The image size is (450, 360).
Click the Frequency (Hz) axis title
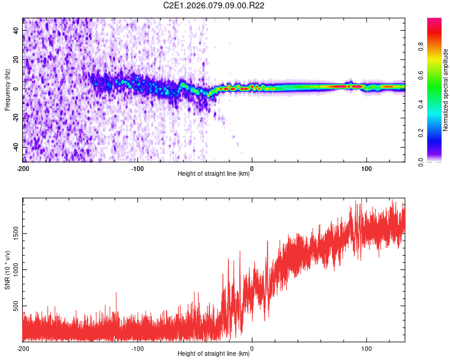tap(7, 90)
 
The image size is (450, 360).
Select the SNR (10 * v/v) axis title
tap(7, 270)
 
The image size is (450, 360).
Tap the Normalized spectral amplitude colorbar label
tap(445, 90)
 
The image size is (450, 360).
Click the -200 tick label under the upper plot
tap(23, 168)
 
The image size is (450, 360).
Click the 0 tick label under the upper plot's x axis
tap(252, 168)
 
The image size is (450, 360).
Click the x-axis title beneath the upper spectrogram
tap(214, 174)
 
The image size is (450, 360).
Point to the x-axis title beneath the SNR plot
tap(214, 354)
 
